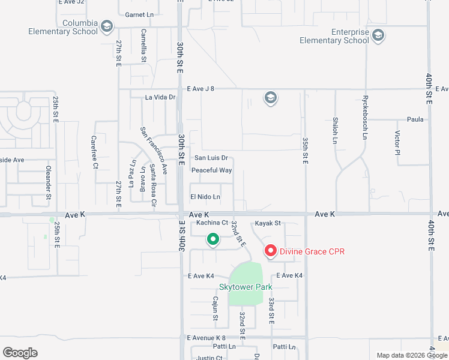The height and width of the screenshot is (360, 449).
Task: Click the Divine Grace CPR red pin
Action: (270, 251)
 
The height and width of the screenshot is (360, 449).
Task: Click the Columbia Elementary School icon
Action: (107, 26)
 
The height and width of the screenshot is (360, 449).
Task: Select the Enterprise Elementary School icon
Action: (378, 36)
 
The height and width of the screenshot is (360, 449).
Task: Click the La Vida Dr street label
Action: (160, 97)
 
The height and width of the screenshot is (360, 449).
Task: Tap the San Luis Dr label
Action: (211, 158)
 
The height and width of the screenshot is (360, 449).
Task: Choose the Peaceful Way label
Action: (211, 170)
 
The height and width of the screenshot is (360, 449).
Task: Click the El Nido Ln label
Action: (205, 197)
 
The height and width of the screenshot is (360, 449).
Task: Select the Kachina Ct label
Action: (212, 223)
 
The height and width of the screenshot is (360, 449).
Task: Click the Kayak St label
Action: (268, 223)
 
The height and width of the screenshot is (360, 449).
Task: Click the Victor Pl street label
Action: (397, 142)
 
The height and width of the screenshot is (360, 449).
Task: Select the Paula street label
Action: (415, 119)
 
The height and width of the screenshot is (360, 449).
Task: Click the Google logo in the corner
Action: (20, 353)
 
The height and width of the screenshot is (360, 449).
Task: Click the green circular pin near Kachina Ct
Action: (212, 240)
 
